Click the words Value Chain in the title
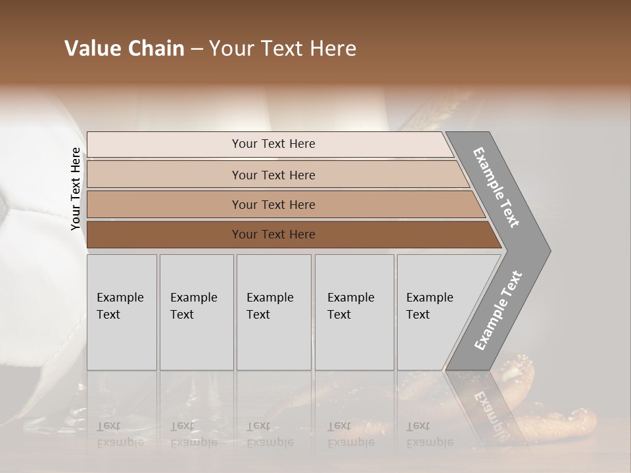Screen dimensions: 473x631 tap(124, 49)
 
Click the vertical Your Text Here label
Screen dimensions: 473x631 tap(76, 189)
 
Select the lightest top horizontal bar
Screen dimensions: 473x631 tap(273, 144)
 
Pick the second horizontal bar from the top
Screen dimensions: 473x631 tap(273, 175)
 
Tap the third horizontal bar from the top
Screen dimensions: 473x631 tap(273, 204)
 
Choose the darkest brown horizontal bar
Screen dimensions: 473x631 tap(273, 235)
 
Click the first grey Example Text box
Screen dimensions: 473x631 tap(122, 312)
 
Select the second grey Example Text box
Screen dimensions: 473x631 tap(197, 312)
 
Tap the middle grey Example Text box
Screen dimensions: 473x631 tap(273, 312)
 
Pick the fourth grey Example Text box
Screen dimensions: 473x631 tap(354, 312)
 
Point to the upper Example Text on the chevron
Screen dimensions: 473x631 tap(497, 187)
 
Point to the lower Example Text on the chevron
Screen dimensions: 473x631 tap(498, 310)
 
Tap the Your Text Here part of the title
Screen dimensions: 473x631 tap(283, 49)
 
